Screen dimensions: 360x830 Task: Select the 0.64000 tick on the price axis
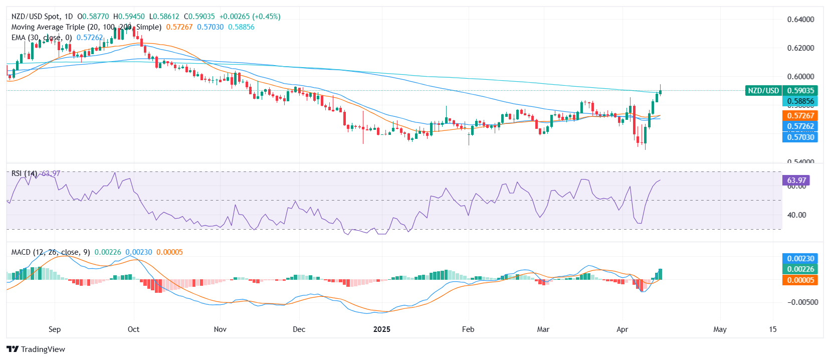coord(800,20)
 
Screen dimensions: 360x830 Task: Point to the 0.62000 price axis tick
coord(800,48)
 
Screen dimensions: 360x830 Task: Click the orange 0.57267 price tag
coord(800,116)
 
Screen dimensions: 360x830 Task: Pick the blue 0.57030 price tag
coord(800,137)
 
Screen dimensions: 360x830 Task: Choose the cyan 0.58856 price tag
coord(800,101)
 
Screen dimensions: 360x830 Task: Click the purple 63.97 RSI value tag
coord(796,181)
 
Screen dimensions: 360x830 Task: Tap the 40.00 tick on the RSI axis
coord(796,215)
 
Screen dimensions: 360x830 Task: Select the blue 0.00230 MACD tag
coord(800,259)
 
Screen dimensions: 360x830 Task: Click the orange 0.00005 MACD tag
coord(800,280)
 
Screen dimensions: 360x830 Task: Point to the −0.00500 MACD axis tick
coord(802,302)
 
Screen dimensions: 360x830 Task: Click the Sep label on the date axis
coord(55,329)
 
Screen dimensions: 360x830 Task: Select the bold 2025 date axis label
coord(382,329)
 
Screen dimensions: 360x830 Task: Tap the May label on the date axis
coord(720,329)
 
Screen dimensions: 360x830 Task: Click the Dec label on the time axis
coord(299,329)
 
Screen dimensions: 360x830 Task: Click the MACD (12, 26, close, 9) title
coord(51,252)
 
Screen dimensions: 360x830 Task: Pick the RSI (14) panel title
coord(24,173)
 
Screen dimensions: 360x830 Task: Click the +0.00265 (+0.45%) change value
coord(250,17)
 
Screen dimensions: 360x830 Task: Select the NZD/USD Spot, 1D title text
coord(42,17)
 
